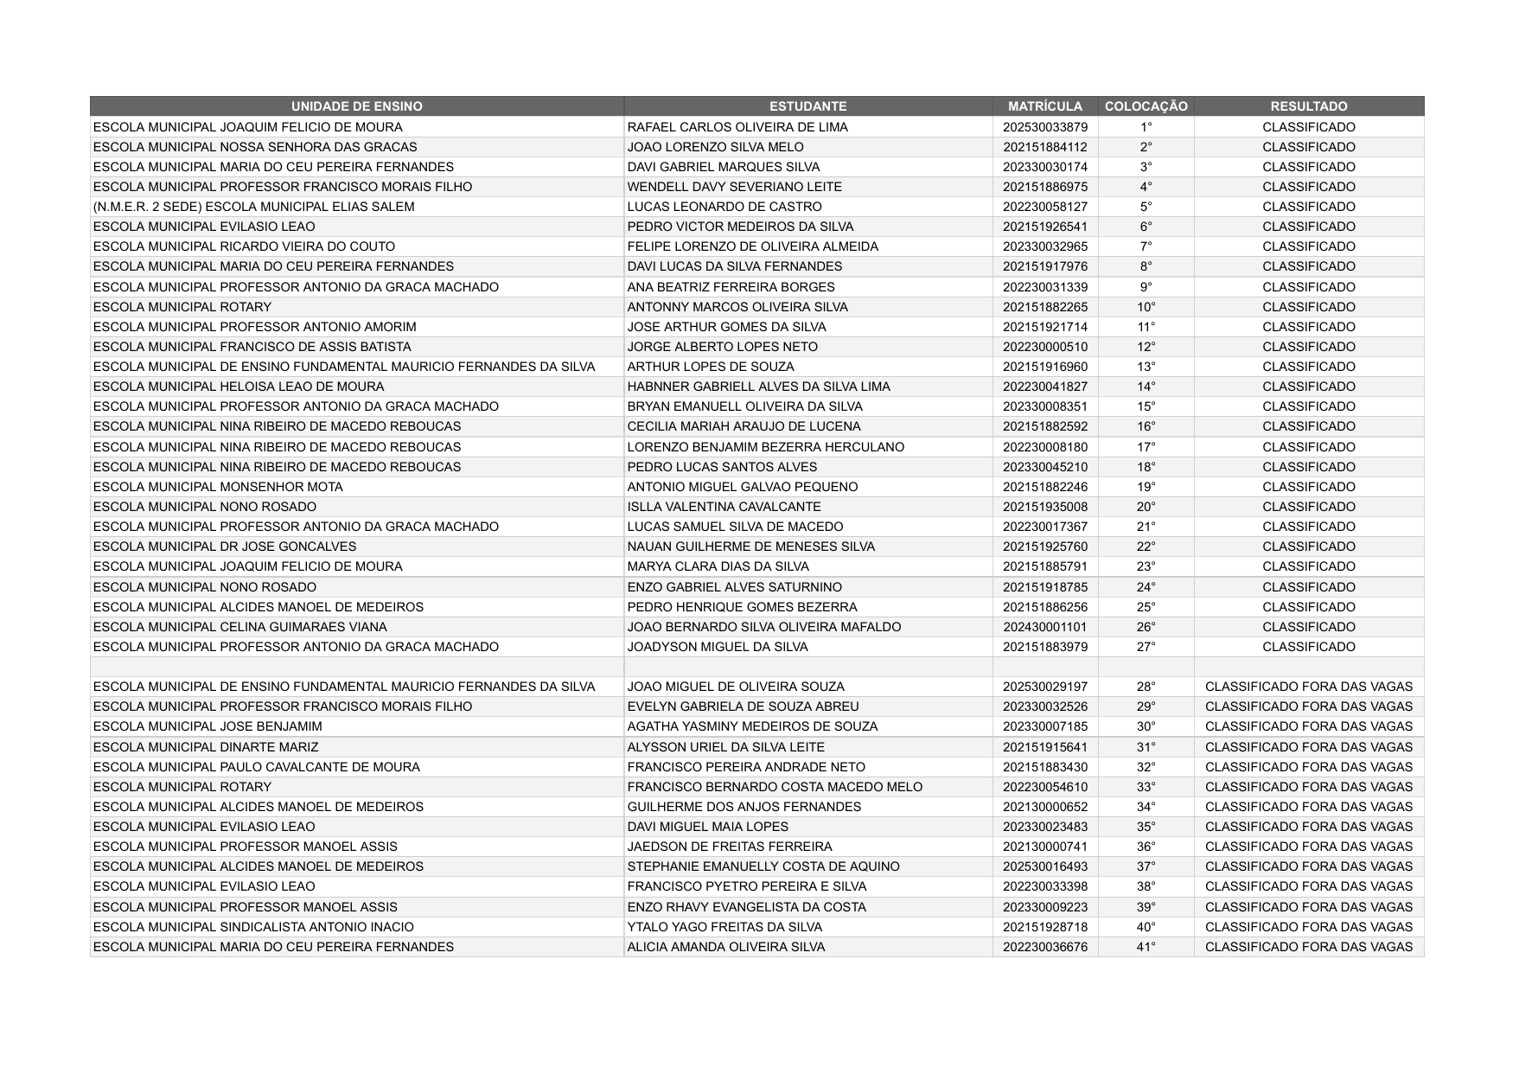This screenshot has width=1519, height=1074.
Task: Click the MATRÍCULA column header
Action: (1044, 106)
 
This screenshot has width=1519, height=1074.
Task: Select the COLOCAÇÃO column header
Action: (1146, 106)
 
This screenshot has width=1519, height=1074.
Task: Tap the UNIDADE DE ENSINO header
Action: (356, 106)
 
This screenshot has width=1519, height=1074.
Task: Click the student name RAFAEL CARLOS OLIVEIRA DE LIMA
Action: (737, 127)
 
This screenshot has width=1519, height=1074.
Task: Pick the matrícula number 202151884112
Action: (1044, 147)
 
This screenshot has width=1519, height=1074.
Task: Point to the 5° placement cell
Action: (1146, 207)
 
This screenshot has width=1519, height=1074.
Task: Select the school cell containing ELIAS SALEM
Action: (253, 207)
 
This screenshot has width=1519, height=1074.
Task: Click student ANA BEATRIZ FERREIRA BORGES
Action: (731, 287)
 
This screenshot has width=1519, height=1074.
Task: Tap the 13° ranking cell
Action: (1146, 367)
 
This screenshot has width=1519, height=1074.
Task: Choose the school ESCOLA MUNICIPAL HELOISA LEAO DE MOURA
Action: (239, 387)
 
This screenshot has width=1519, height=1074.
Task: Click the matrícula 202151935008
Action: (1044, 507)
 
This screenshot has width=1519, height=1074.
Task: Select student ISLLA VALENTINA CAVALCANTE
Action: (724, 507)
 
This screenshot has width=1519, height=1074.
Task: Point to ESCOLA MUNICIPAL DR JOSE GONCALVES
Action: (224, 547)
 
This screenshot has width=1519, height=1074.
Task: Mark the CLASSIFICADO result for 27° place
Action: (1308, 647)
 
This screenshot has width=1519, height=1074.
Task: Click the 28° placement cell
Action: (1146, 687)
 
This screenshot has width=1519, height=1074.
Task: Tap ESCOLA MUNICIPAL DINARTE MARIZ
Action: (205, 747)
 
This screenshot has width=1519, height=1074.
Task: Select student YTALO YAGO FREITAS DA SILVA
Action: (724, 927)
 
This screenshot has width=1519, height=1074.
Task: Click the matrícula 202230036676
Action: (1044, 947)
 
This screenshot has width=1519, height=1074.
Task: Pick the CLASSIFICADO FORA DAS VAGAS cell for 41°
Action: (1308, 947)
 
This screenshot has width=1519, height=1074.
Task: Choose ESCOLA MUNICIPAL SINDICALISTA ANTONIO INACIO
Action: (253, 927)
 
